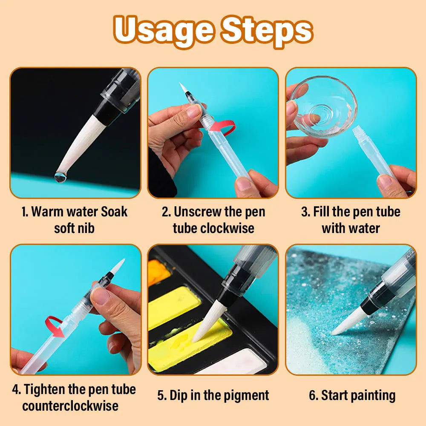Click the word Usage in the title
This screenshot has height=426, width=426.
click(x=163, y=31)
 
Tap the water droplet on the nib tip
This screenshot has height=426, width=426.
click(x=60, y=177)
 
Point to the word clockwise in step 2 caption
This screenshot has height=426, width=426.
click(x=227, y=228)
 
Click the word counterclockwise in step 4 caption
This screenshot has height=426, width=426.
click(x=70, y=406)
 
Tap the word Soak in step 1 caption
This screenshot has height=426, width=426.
click(x=114, y=212)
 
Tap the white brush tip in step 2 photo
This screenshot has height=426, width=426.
click(x=183, y=88)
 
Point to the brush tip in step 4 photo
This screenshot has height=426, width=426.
click(x=118, y=266)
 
